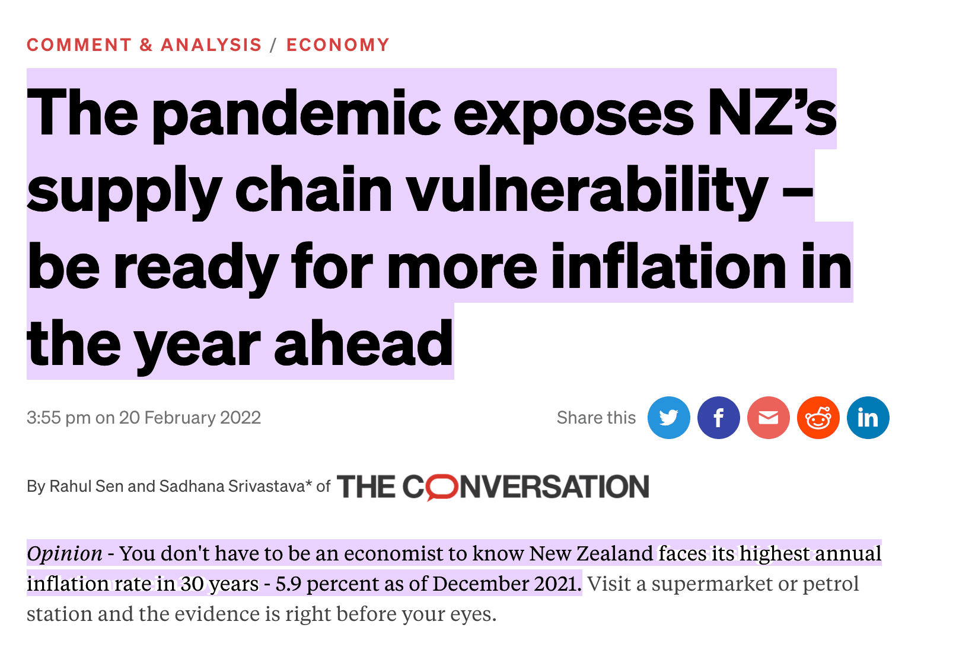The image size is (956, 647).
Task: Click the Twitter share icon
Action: [668, 418]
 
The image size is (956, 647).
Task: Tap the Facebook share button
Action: [718, 418]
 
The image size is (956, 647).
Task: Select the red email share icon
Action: [768, 418]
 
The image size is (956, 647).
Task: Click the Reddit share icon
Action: [818, 418]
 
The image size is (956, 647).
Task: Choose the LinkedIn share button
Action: [868, 418]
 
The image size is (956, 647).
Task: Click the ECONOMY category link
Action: [337, 45]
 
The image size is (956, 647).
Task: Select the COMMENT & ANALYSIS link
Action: [144, 45]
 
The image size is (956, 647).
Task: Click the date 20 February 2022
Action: [190, 418]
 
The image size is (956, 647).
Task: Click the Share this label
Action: [595, 418]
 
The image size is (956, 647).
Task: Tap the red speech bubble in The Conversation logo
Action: [442, 488]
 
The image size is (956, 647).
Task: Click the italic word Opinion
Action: [65, 553]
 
